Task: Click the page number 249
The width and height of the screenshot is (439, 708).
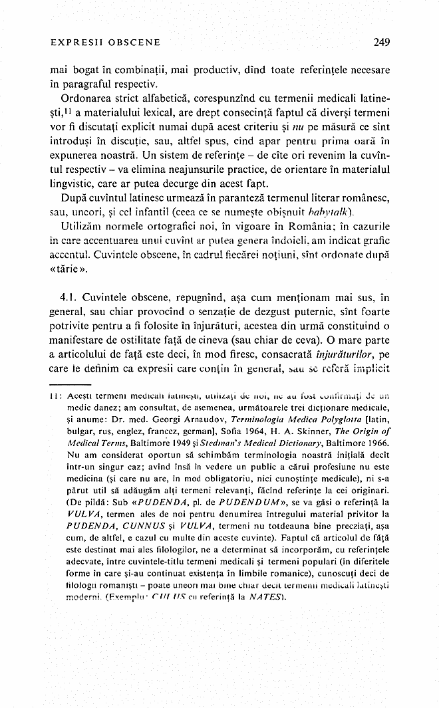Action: tap(381, 42)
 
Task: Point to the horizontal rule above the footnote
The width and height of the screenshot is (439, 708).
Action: tap(71, 385)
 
